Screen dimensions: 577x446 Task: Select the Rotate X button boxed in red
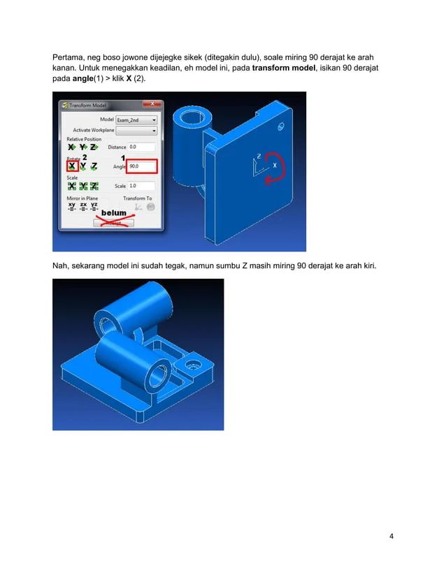point(71,167)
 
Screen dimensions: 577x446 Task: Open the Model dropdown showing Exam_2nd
point(136,119)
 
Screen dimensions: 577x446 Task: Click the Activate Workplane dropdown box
point(136,129)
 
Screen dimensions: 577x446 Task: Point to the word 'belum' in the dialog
point(114,212)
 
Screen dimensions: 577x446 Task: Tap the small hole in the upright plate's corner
point(281,127)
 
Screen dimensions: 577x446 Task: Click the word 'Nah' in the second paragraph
point(61,265)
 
